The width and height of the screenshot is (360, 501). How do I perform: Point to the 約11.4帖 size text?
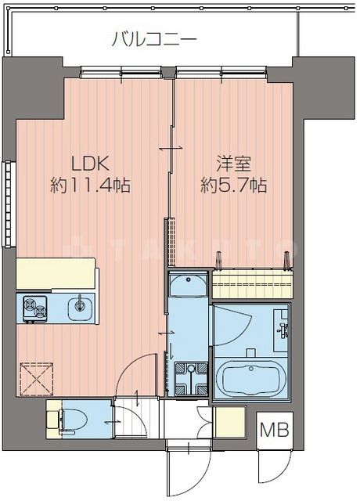pyautogui.click(x=90, y=186)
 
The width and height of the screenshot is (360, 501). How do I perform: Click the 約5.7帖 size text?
pyautogui.click(x=233, y=186)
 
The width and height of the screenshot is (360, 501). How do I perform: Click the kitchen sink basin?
pyautogui.click(x=79, y=308)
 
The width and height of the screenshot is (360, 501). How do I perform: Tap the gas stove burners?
pyautogui.click(x=34, y=308)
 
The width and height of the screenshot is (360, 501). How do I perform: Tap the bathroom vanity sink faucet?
pyautogui.click(x=281, y=330)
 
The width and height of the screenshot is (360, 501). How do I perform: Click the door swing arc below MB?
pyautogui.click(x=270, y=470)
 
